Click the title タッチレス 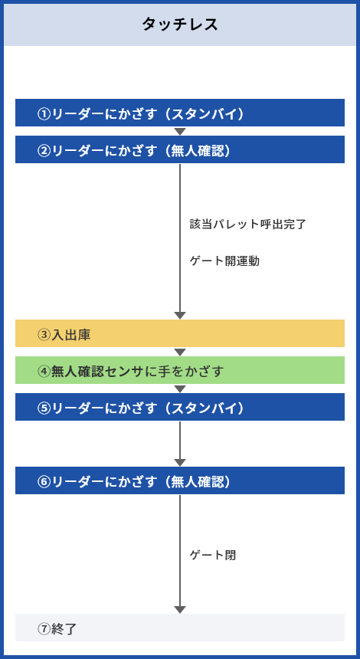[180, 25]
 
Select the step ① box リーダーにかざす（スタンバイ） [180, 113]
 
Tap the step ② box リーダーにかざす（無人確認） [180, 149]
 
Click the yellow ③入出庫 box [180, 333]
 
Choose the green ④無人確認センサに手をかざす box [180, 370]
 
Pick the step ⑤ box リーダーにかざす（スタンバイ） [180, 407]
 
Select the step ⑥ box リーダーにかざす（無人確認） [180, 480]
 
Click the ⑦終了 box [180, 628]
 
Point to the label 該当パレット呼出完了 [248, 224]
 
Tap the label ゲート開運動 [224, 261]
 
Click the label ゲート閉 [213, 556]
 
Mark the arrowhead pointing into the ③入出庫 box [180, 316]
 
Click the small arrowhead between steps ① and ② [180, 132]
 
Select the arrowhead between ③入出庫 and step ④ [180, 352]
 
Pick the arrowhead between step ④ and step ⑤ [180, 389]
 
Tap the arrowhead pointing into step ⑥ [180, 463]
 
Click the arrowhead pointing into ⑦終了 [180, 610]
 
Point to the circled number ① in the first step [44, 114]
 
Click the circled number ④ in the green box [44, 372]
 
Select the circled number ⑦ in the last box [44, 629]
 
